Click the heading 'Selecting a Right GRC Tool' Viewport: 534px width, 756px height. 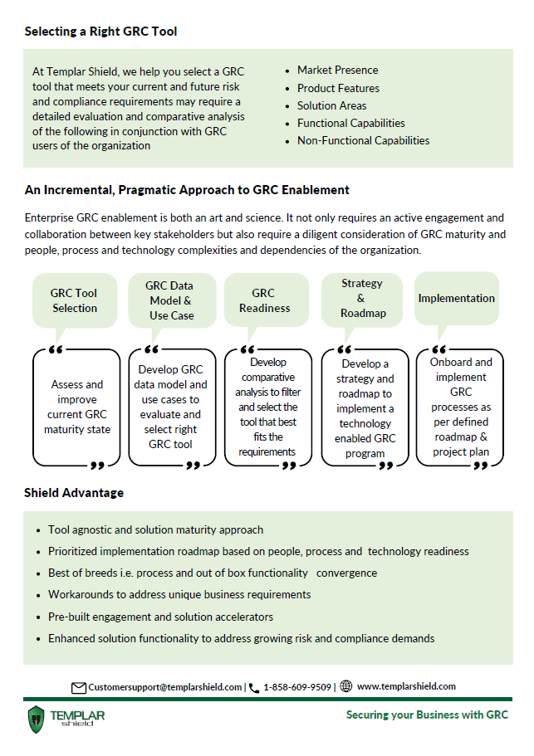[x=100, y=32]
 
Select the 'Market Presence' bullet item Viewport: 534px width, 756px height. [x=337, y=71]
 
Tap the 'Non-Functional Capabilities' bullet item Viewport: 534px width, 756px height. [x=363, y=141]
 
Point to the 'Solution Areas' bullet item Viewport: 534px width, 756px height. [x=331, y=105]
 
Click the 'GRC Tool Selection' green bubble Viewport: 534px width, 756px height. [x=74, y=300]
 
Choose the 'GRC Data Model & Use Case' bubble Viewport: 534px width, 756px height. [x=171, y=300]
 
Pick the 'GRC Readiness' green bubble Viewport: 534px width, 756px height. [x=264, y=300]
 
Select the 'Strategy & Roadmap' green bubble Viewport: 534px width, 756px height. [x=360, y=299]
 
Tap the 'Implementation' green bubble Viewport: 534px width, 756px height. [x=456, y=299]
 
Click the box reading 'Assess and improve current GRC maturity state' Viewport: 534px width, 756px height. [x=76, y=407]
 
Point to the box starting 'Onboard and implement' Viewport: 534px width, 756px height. [x=460, y=407]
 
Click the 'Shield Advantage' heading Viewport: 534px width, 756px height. [x=74, y=493]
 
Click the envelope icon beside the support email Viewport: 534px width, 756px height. [x=79, y=687]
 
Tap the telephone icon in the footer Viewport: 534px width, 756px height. [x=254, y=687]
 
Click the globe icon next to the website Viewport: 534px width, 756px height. [x=346, y=686]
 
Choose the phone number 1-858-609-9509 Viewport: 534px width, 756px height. [x=297, y=687]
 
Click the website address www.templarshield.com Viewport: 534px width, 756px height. [x=406, y=686]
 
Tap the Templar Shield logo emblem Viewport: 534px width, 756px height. [x=36, y=719]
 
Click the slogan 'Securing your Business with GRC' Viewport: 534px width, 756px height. [x=427, y=715]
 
